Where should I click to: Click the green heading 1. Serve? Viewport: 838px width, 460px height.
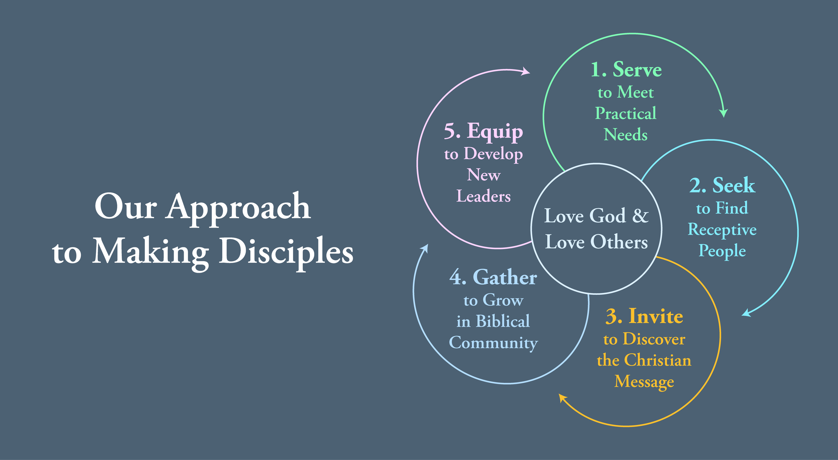[x=626, y=70]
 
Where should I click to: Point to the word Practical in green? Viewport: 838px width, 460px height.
[x=625, y=113]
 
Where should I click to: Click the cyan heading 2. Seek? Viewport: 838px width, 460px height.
[x=722, y=185]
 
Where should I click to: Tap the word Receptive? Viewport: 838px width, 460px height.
[x=722, y=230]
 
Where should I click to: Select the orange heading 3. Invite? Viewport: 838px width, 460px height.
[x=644, y=316]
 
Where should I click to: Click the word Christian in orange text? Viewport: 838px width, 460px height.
[x=657, y=360]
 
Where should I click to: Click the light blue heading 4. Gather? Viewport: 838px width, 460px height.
[x=493, y=278]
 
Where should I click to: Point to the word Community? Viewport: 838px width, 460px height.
[x=493, y=343]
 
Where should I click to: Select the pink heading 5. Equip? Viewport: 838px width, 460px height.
[x=483, y=131]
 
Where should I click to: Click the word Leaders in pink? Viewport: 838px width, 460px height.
[x=483, y=196]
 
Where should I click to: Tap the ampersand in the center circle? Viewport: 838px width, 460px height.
[x=640, y=216]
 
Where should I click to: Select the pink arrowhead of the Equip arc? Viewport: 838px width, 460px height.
[x=526, y=71]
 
